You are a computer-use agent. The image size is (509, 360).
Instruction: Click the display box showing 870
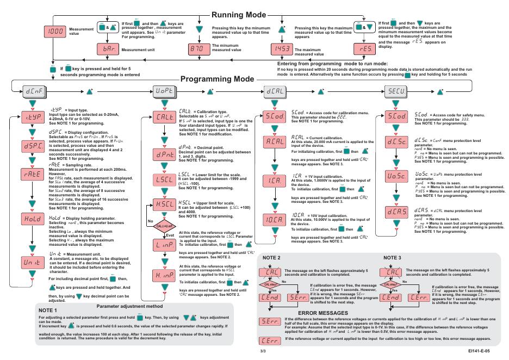point(197,49)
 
